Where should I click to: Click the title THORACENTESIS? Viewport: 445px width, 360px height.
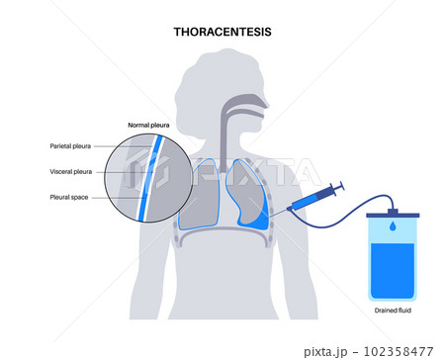coord(222,32)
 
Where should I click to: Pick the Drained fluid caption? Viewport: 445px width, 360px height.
coord(392,313)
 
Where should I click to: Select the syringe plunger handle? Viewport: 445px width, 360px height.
coord(338,186)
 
